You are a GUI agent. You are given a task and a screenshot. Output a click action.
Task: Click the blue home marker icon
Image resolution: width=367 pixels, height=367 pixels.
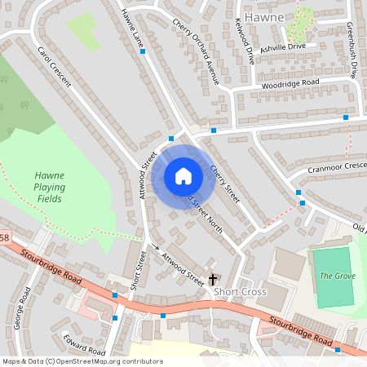point(183,175)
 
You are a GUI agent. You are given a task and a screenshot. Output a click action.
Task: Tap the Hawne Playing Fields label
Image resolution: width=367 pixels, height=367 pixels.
point(50,187)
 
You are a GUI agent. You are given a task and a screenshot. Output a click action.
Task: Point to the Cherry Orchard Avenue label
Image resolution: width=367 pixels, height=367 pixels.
point(197,51)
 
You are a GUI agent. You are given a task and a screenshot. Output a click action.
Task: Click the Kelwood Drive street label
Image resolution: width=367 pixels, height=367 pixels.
point(244,42)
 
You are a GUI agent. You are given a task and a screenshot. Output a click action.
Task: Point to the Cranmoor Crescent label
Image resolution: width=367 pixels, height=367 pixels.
point(338,167)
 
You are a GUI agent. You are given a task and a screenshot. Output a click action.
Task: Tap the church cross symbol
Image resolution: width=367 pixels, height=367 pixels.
point(213,279)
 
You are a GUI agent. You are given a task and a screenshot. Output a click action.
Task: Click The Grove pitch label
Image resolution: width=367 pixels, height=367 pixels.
point(336,276)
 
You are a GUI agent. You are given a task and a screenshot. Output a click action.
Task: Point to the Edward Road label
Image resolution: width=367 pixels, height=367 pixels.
point(85,346)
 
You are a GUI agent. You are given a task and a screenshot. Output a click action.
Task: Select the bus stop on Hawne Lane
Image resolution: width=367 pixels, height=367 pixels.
point(143,51)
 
